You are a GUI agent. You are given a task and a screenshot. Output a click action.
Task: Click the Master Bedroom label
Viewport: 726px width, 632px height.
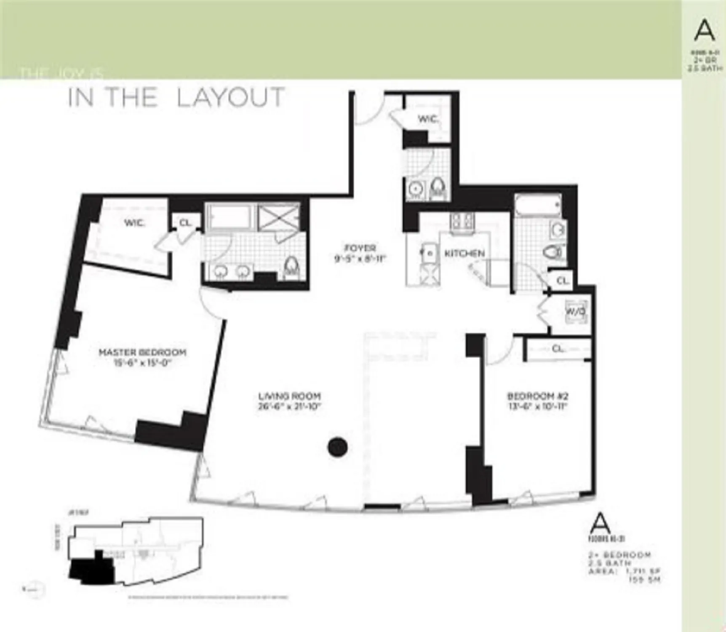tap(142, 352)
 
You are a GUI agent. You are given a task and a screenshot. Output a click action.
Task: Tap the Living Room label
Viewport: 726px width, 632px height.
tap(289, 396)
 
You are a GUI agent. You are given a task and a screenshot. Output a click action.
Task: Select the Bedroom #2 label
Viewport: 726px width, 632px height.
tap(538, 396)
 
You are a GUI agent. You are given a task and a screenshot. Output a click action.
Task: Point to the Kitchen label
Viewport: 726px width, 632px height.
tap(464, 253)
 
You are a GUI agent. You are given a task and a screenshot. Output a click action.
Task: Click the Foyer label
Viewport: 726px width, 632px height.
tap(360, 248)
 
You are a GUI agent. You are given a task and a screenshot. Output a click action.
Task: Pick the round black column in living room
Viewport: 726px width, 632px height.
tap(338, 447)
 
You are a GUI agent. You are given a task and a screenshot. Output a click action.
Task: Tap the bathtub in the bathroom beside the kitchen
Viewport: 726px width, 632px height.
tap(538, 206)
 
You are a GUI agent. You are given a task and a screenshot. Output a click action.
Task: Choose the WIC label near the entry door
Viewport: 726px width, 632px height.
tap(428, 119)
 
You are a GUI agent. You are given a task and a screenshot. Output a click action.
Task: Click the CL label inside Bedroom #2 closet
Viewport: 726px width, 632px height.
tap(558, 349)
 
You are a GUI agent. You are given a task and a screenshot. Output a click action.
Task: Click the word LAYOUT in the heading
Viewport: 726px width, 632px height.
tap(230, 98)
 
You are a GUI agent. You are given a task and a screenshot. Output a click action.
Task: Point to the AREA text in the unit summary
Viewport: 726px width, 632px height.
tap(602, 571)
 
